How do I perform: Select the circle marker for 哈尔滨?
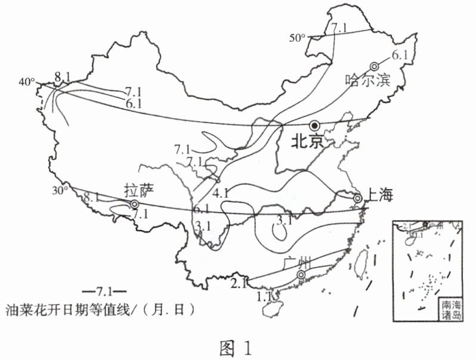coord(375,66)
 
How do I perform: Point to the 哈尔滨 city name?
coord(367,80)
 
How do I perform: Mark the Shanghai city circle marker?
coord(357,198)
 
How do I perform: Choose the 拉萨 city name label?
coord(139,190)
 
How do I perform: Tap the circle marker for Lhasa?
coord(135,204)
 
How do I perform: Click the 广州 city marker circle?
coord(301,275)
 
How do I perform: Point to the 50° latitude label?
coord(298,38)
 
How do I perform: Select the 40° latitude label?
coord(27,81)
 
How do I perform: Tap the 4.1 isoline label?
coord(221,193)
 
